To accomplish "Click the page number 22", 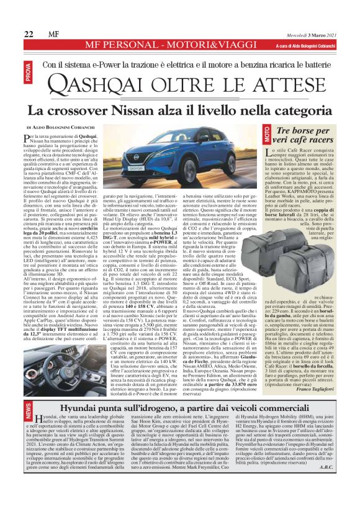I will (x=29, y=33).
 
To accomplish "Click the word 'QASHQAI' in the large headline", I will (x=110, y=83).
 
